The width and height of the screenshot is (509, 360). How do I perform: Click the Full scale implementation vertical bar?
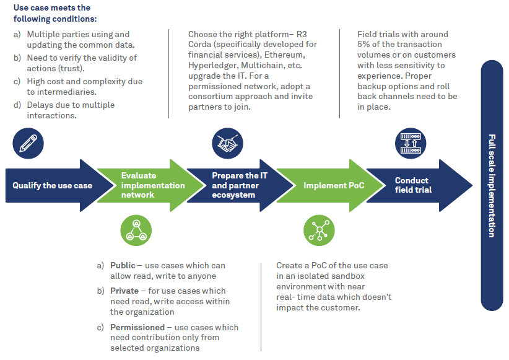pos(492,185)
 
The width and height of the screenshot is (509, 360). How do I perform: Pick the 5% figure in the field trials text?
pos(365,45)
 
